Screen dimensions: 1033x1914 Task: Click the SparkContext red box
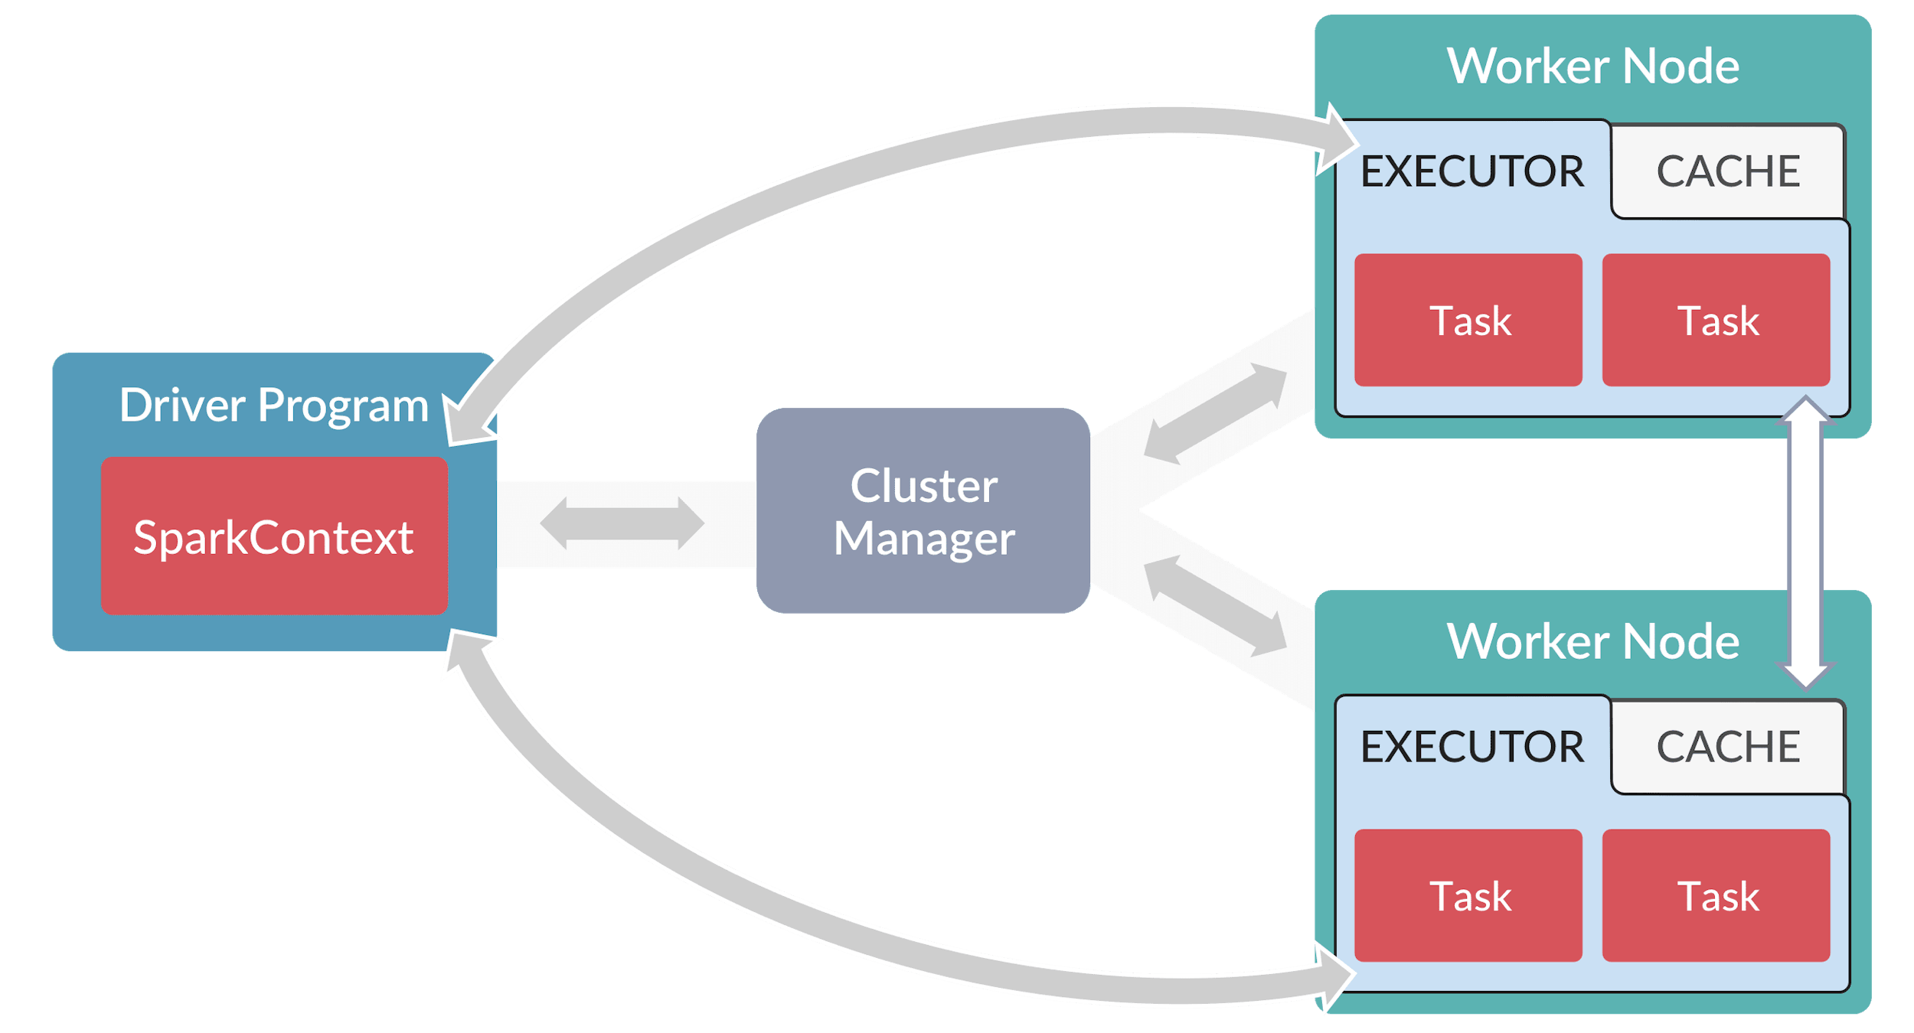click(x=274, y=536)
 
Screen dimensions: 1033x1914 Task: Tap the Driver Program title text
click(x=274, y=405)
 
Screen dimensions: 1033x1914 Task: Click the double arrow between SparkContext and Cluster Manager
click(x=622, y=523)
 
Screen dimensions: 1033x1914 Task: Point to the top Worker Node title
click(x=1592, y=66)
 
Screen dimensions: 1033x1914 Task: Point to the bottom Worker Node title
click(x=1592, y=641)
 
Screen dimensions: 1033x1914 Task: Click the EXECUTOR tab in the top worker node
click(x=1471, y=171)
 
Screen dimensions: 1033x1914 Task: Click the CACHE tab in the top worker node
click(x=1728, y=171)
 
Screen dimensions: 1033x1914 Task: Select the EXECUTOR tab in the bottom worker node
click(x=1471, y=746)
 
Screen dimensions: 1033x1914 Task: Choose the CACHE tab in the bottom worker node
click(x=1728, y=746)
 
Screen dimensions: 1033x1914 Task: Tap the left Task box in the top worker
click(x=1468, y=320)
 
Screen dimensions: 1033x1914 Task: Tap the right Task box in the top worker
click(x=1716, y=320)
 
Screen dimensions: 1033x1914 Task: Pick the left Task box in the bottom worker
click(x=1468, y=895)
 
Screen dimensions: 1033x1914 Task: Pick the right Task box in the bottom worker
click(x=1716, y=895)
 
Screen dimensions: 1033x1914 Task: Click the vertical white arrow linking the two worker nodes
click(x=1805, y=543)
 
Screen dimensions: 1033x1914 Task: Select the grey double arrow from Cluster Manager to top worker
click(x=1216, y=413)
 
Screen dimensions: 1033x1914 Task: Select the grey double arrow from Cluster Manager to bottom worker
click(x=1216, y=606)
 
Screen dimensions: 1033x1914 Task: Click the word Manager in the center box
click(x=924, y=539)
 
